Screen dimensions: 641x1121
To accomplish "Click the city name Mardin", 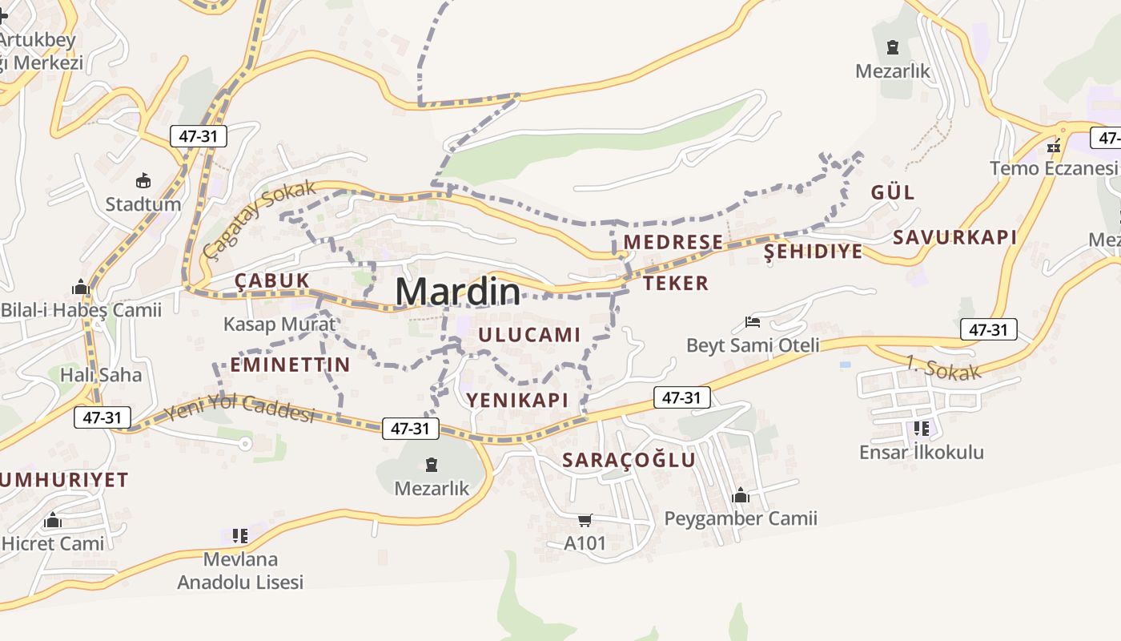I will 457,292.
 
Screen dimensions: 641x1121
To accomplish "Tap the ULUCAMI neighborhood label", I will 529,336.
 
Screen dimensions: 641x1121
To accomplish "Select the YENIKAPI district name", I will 517,400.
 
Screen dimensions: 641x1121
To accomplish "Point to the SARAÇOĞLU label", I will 629,460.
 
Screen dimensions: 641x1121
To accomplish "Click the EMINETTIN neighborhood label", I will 290,365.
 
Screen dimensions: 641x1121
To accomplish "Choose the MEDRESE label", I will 673,242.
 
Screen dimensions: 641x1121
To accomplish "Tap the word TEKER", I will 676,283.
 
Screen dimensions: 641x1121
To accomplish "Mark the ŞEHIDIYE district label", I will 814,252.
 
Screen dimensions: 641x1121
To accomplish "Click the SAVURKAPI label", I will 954,237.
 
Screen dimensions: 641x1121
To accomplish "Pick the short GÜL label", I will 892,192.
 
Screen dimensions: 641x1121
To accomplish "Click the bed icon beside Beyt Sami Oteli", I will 753,322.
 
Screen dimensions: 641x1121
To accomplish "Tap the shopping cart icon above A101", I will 585,521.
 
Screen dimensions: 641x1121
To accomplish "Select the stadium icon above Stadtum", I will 143,180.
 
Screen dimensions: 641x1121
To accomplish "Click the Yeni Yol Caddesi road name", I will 239,409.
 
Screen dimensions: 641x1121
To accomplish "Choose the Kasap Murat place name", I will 279,325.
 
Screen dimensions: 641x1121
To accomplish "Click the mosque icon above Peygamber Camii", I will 741,495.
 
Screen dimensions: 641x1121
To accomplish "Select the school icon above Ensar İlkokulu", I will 921,429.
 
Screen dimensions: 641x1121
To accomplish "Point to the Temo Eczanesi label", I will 1053,169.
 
